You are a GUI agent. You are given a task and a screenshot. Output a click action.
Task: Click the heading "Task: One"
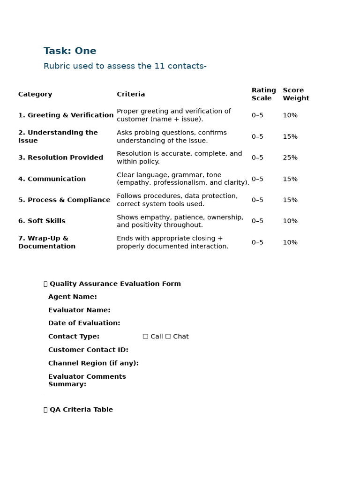tap(70, 51)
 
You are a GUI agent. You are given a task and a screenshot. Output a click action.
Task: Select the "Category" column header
tap(35, 94)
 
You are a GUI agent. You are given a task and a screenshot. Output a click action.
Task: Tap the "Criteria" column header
tap(131, 94)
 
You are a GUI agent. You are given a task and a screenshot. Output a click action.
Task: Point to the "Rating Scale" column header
tap(263, 94)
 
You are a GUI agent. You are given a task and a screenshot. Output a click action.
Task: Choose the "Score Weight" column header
tap(296, 94)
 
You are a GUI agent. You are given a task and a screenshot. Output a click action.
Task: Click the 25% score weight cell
tap(290, 157)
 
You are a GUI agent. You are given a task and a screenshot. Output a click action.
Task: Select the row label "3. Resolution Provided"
tap(60, 157)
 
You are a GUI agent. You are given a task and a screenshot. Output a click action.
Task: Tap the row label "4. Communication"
tap(52, 179)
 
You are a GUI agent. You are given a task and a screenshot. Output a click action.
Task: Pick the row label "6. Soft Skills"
tap(42, 221)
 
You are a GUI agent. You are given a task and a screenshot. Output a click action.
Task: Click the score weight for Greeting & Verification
tap(290, 115)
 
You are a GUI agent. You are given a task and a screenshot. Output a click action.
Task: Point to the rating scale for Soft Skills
tap(257, 221)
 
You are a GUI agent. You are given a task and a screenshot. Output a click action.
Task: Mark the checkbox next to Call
tap(145, 337)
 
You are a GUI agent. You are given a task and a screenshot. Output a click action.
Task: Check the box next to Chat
tap(168, 337)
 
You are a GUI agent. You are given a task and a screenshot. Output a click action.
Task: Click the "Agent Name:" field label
tap(73, 297)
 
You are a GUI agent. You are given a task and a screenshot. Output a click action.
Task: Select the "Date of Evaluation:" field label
tap(84, 323)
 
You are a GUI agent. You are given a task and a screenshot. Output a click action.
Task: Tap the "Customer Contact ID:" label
tap(88, 350)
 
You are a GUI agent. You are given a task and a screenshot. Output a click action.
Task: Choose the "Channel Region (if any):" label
tap(93, 363)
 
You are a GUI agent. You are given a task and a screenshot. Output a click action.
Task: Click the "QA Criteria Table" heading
tap(81, 410)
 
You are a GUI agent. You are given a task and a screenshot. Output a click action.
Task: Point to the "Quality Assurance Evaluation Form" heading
tap(115, 284)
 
